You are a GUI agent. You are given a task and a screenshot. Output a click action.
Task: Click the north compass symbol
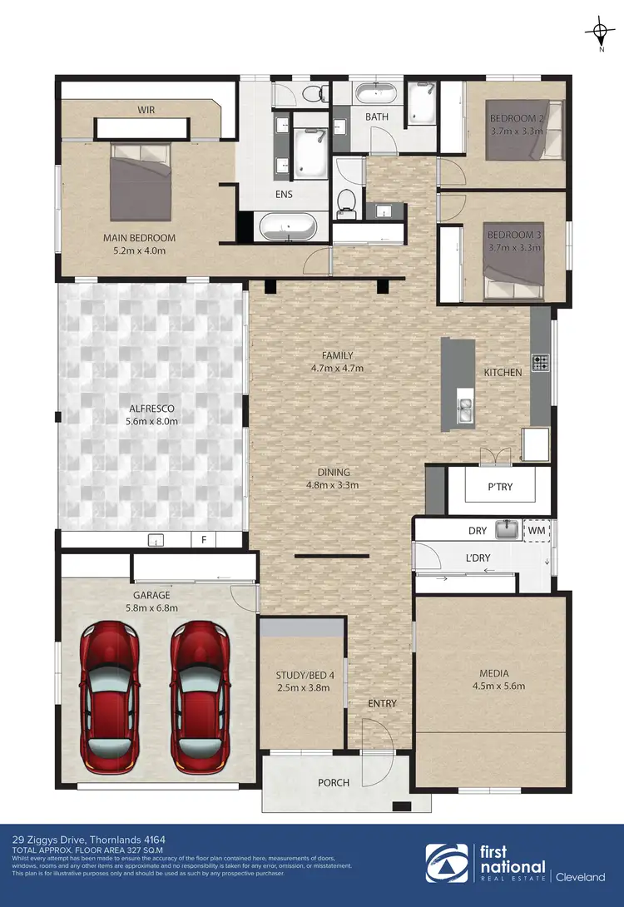(x=599, y=33)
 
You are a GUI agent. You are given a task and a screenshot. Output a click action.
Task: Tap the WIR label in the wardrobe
(x=146, y=110)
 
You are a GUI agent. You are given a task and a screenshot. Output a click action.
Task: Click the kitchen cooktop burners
(x=540, y=362)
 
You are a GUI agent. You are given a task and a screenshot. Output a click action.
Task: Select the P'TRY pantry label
(x=500, y=488)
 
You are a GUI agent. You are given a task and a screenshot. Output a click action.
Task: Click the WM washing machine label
(x=536, y=529)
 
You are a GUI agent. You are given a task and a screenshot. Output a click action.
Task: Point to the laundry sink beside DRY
(x=506, y=528)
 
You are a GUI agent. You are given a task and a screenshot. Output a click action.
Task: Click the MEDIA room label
(x=493, y=673)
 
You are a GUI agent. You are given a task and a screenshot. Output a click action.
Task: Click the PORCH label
(x=334, y=782)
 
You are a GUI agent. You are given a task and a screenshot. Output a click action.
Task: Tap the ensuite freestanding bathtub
(x=287, y=226)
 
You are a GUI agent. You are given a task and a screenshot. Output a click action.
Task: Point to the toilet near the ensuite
(x=348, y=200)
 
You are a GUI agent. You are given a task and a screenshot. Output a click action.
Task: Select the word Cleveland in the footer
(x=582, y=876)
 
